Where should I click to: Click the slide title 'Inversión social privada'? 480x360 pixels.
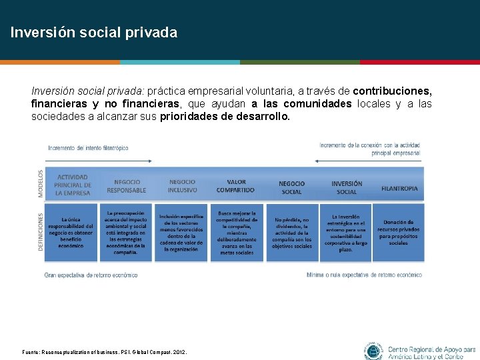[93, 32]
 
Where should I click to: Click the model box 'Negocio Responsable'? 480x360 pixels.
[126, 186]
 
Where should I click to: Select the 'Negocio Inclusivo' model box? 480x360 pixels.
[182, 186]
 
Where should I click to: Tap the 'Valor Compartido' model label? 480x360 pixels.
[235, 185]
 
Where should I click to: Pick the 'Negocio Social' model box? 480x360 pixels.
[291, 187]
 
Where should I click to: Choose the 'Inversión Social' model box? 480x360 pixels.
[347, 187]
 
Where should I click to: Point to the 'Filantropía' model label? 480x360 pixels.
[399, 188]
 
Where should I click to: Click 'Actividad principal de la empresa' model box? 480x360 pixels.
[73, 185]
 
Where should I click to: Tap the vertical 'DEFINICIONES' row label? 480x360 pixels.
[40, 231]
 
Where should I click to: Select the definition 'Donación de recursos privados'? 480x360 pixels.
[398, 233]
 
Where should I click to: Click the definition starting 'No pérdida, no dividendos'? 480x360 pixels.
[291, 233]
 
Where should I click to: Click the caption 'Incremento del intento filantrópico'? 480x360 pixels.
[88, 148]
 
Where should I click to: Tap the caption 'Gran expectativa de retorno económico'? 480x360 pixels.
[91, 275]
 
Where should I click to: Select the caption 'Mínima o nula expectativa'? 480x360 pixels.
[364, 275]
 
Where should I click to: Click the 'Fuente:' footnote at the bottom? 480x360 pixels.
[105, 352]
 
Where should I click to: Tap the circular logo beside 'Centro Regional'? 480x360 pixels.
[374, 351]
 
